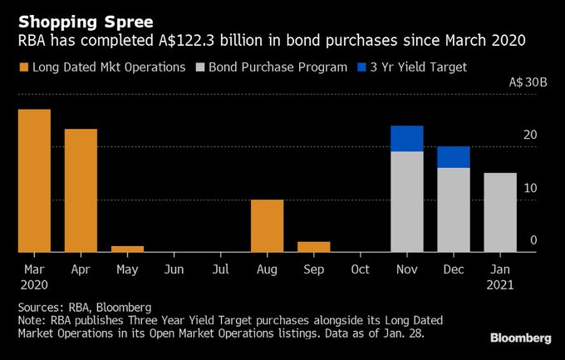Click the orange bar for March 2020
(x=34, y=180)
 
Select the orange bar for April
(x=81, y=190)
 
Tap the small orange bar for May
(x=127, y=249)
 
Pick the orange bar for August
(x=267, y=225)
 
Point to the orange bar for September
(x=313, y=247)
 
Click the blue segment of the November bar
(x=407, y=139)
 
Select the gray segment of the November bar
(x=407, y=202)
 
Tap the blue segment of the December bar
(x=454, y=157)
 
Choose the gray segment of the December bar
(x=454, y=210)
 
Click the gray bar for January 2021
(x=500, y=212)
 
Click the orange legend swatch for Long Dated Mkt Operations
(x=22, y=67)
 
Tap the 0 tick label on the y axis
(x=533, y=240)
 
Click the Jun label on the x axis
(x=174, y=269)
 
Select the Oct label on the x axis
(x=360, y=269)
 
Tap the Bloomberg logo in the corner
(x=520, y=338)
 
